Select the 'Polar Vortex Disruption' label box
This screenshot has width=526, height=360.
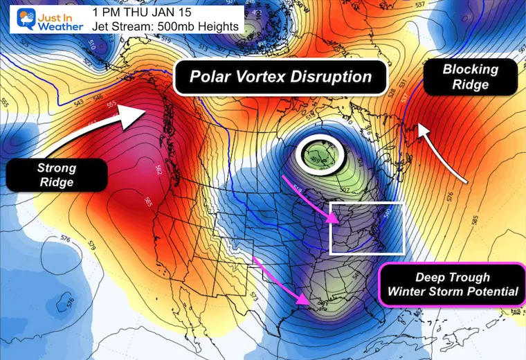(280, 76)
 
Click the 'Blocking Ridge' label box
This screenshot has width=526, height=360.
(470, 78)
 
